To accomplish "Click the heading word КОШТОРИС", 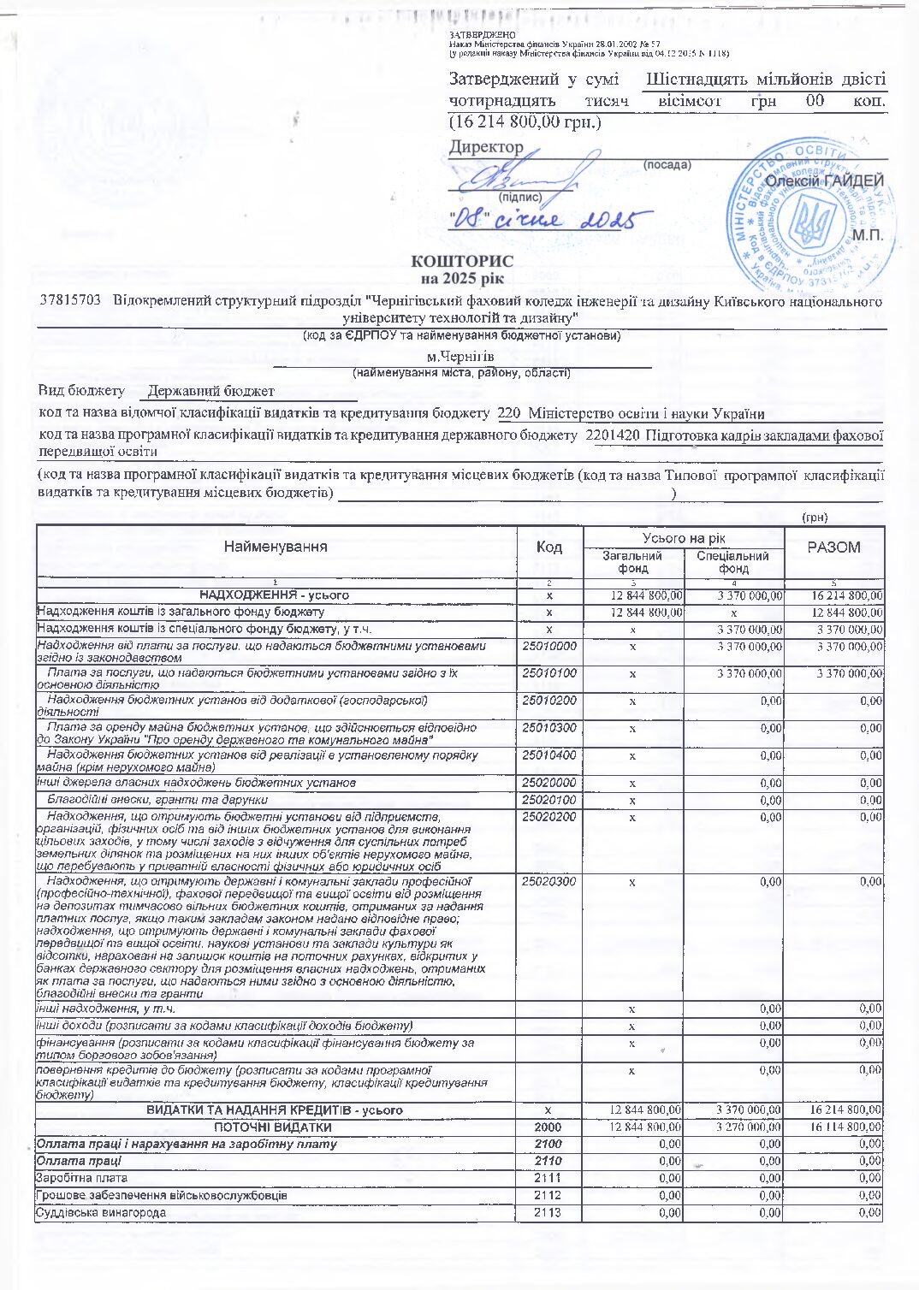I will coord(462,261).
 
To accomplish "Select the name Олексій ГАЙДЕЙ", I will coord(824,180).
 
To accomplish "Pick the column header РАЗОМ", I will coord(833,547).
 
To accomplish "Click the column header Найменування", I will coord(276,547).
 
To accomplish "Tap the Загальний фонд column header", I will coord(632,562).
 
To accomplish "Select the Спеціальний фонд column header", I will coord(733,562).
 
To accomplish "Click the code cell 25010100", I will coord(549,673).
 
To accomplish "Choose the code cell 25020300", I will coord(549,881).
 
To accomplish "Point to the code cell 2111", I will coord(548,1178).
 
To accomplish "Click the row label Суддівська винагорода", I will coord(101,1212).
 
